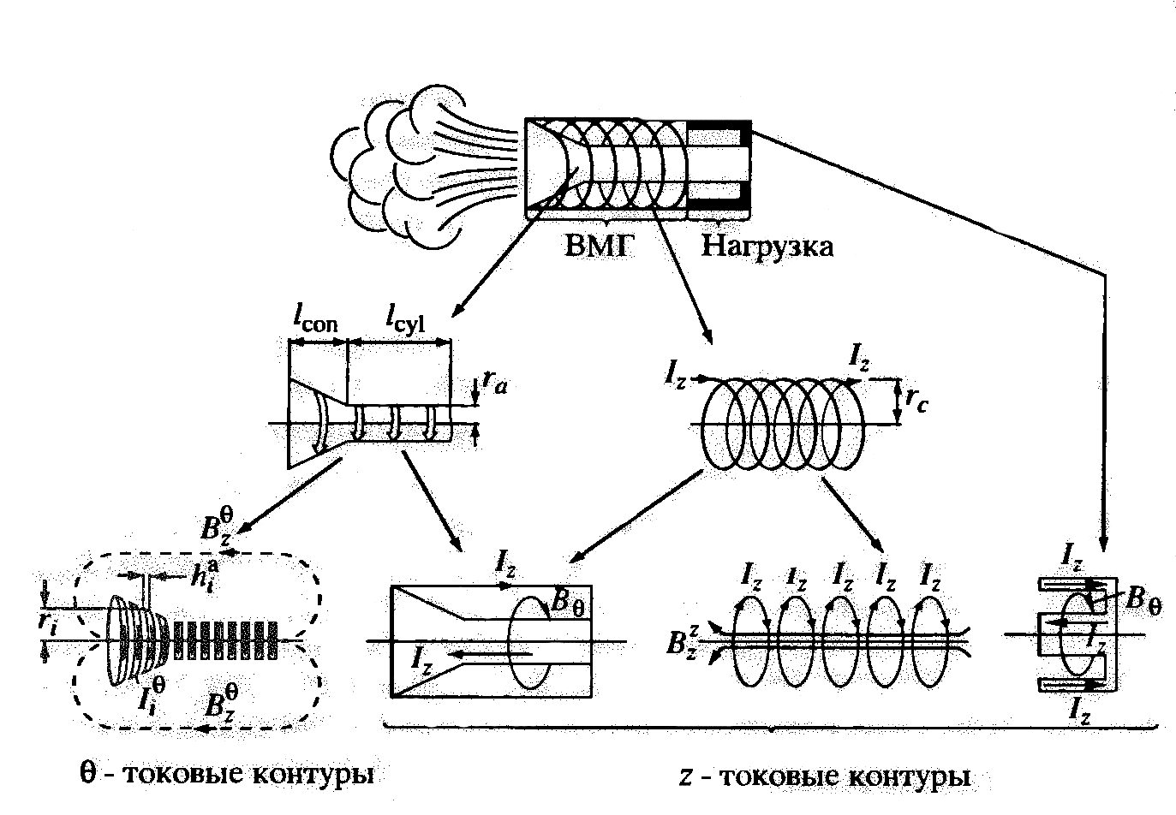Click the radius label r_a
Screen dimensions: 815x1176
[493, 384]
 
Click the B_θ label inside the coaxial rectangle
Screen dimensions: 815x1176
[566, 601]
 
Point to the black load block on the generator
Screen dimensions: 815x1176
[720, 167]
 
